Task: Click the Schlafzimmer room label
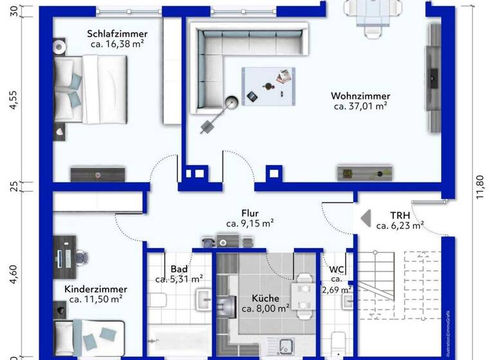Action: pos(117,34)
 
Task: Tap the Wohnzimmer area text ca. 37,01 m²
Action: pos(361,106)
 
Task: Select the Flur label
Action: pos(250,213)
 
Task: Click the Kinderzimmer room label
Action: pos(96,289)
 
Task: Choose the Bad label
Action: pos(179,269)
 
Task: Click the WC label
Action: pos(337,269)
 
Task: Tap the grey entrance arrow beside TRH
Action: pos(365,219)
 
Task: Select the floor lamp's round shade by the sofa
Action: pos(232,102)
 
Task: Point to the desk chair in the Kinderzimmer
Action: pos(82,256)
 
